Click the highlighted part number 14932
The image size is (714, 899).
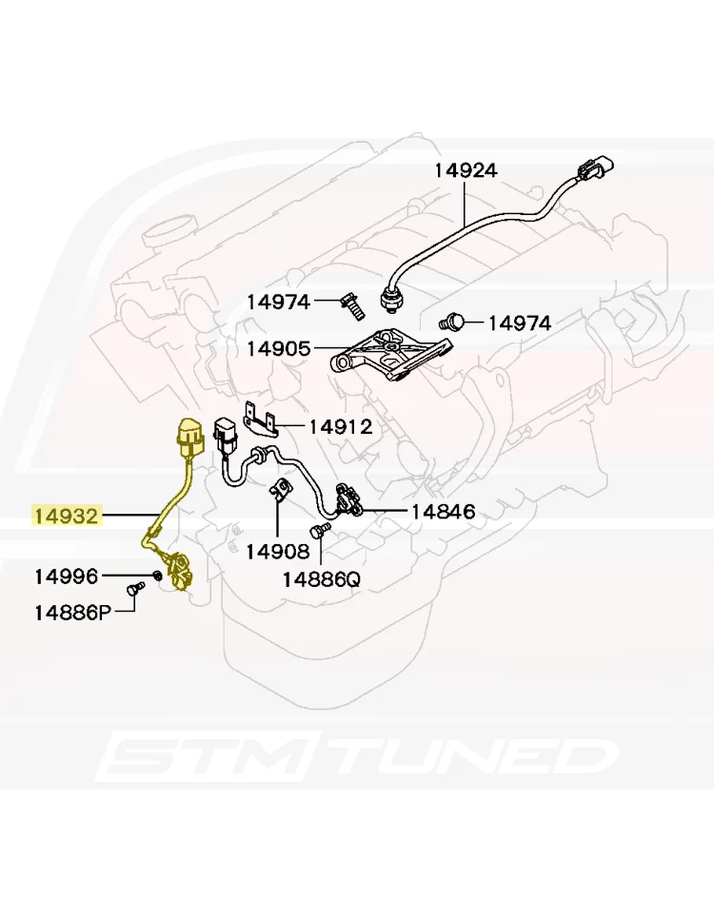point(67,516)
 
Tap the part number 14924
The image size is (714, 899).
point(466,170)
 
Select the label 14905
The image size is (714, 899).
point(279,348)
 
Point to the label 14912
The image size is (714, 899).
point(341,426)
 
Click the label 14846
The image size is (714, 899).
point(444,511)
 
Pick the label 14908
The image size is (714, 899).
point(278,552)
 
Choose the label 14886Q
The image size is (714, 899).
point(322,579)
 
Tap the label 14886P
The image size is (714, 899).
point(73,613)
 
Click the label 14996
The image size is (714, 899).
point(67,577)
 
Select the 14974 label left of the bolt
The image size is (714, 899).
point(279,302)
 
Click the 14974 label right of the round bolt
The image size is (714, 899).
point(520,323)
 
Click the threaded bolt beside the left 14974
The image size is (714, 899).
point(353,306)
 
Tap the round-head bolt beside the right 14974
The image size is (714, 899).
point(452,322)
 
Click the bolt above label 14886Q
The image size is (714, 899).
point(320,531)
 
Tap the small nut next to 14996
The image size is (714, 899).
point(155,575)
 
